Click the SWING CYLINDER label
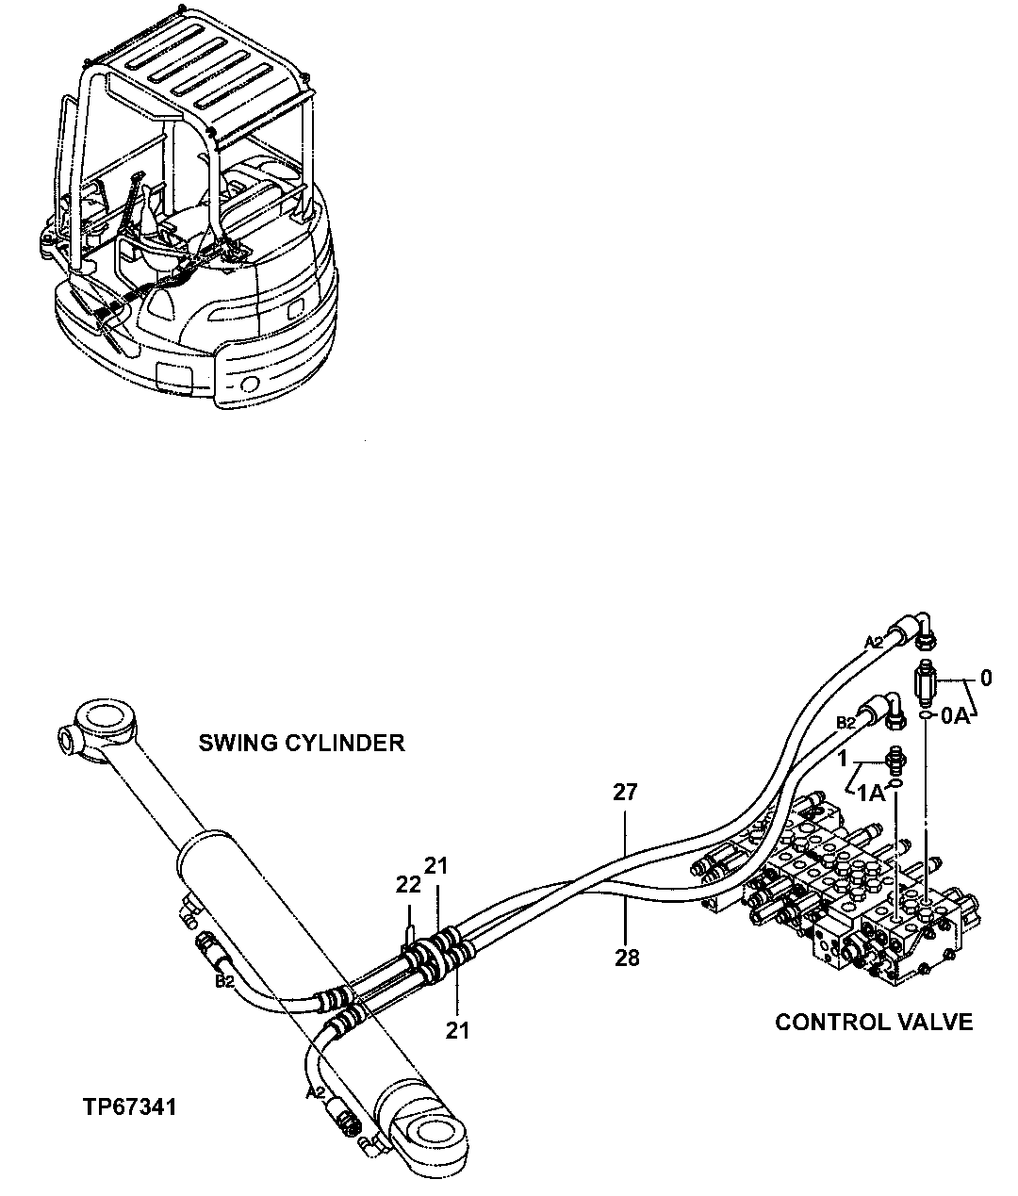tap(301, 743)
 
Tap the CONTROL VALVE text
tap(873, 1022)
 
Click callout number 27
tap(625, 793)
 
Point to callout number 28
tap(626, 958)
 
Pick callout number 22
tap(408, 885)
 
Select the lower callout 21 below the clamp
tap(457, 1031)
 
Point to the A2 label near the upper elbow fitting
tap(875, 642)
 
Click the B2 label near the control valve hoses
tap(846, 723)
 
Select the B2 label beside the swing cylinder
tap(224, 981)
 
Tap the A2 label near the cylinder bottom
tap(316, 1093)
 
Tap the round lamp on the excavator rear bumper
tap(250, 384)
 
